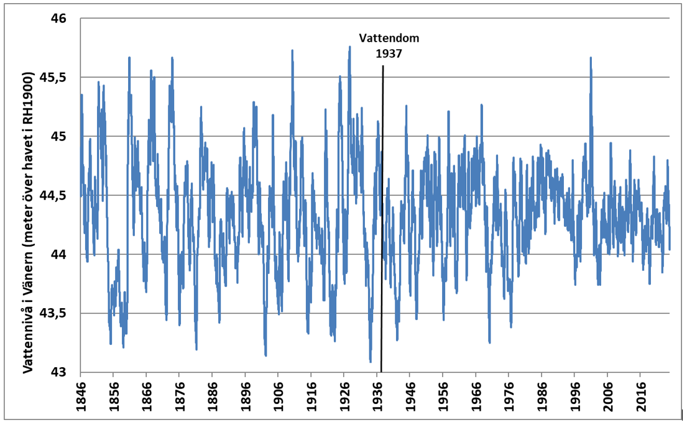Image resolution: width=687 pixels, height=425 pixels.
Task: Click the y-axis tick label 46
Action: (x=58, y=19)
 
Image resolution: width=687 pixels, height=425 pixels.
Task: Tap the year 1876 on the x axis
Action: (x=179, y=393)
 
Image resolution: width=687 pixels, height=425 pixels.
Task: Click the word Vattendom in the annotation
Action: (x=390, y=39)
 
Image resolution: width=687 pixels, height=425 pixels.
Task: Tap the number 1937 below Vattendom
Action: (x=389, y=53)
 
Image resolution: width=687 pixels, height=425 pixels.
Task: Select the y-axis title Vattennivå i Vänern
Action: (x=28, y=224)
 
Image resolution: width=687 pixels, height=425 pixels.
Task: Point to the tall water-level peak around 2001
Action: (x=590, y=58)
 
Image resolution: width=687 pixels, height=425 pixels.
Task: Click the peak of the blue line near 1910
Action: (x=292, y=50)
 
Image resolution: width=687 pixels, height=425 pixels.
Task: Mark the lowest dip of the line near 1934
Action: (x=371, y=361)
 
